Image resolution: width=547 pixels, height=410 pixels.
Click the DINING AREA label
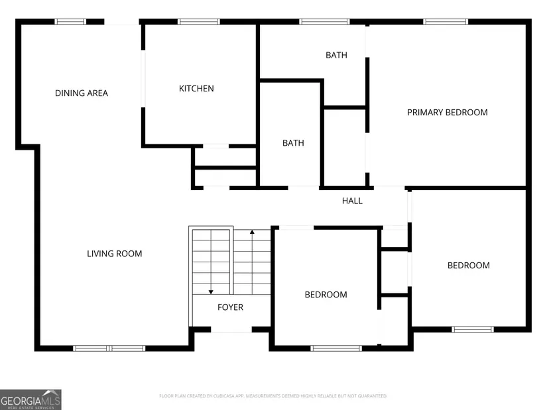pyautogui.click(x=82, y=93)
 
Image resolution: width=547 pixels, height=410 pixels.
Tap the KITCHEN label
pyautogui.click(x=196, y=89)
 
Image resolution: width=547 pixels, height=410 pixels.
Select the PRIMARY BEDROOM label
pyautogui.click(x=448, y=112)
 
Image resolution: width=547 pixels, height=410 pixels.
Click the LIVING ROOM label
pyautogui.click(x=115, y=254)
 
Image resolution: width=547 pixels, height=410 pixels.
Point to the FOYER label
pyautogui.click(x=230, y=307)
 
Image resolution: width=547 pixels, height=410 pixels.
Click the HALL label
pyautogui.click(x=352, y=201)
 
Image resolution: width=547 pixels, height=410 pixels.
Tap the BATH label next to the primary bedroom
pyautogui.click(x=336, y=55)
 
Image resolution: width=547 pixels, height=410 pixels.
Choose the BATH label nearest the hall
pyautogui.click(x=293, y=143)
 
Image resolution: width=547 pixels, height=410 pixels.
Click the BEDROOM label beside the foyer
pyautogui.click(x=326, y=295)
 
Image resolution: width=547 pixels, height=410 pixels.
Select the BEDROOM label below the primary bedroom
pyautogui.click(x=469, y=266)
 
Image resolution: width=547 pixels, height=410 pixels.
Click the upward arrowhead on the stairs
pyautogui.click(x=252, y=232)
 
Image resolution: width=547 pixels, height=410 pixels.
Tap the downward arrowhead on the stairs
pyautogui.click(x=211, y=292)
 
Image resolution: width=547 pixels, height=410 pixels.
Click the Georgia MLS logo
pyautogui.click(x=30, y=399)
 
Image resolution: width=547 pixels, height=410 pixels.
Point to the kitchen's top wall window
pyautogui.click(x=199, y=22)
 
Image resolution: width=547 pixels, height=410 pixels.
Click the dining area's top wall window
pyautogui.click(x=70, y=22)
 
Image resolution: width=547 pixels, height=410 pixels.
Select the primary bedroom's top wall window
pyautogui.click(x=446, y=22)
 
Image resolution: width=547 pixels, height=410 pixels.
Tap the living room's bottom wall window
pyautogui.click(x=109, y=348)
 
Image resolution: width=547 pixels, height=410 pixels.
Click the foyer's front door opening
pyautogui.click(x=231, y=329)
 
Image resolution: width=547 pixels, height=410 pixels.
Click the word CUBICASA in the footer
pyautogui.click(x=223, y=396)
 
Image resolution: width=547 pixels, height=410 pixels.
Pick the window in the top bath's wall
pyautogui.click(x=324, y=22)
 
